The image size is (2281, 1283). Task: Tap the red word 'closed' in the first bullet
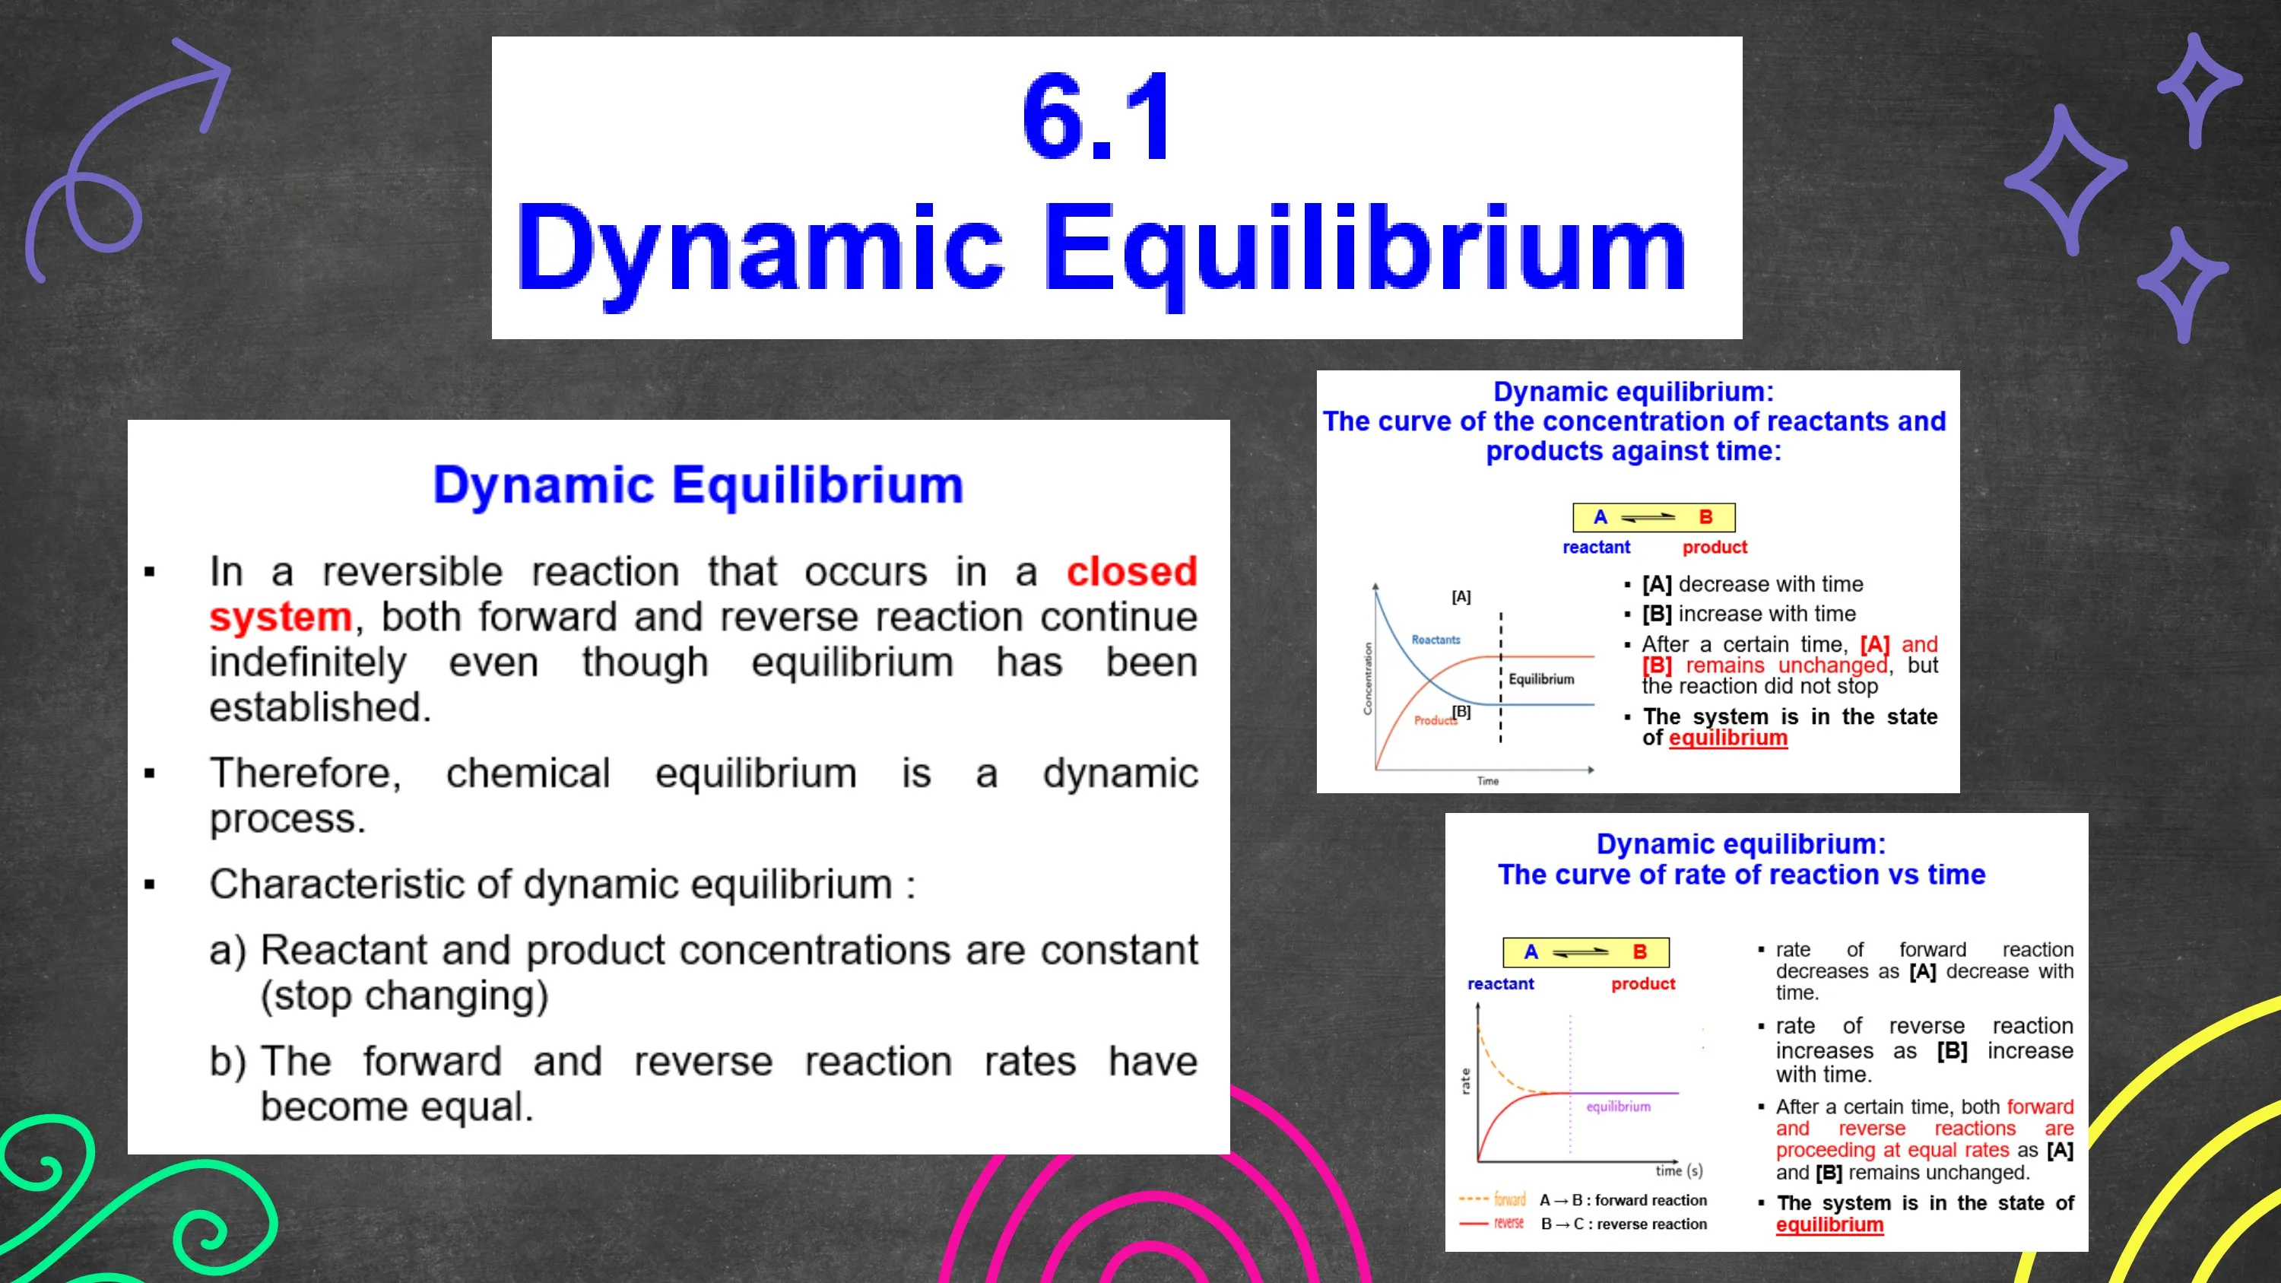1131,572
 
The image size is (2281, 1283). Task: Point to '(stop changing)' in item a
404,996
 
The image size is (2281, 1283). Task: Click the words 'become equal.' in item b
397,1107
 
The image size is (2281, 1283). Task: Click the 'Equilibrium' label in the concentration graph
1542,679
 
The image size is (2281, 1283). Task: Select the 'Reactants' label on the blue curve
1436,640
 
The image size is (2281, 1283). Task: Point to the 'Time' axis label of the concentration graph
1488,781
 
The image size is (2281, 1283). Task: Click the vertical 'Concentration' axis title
1367,678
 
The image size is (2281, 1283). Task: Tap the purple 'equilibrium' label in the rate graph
1618,1107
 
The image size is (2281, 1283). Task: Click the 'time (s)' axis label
1679,1170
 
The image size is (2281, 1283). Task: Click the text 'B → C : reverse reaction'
1624,1224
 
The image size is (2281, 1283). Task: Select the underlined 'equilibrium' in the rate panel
1829,1225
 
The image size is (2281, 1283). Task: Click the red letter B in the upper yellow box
1705,517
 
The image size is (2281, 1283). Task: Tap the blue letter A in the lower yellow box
1531,952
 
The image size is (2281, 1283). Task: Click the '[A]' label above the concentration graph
1461,597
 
